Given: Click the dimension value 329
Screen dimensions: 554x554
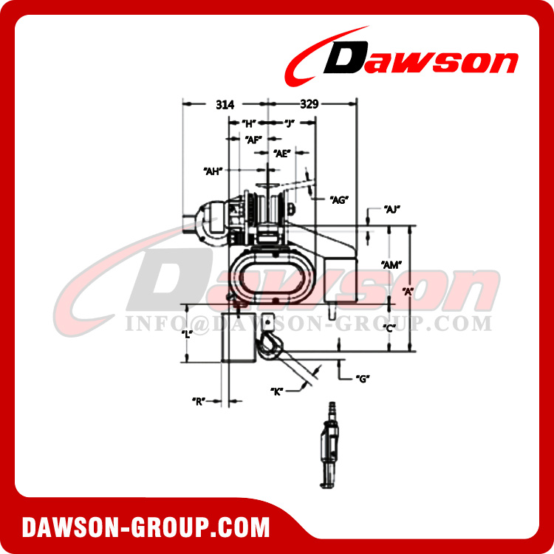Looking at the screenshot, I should [310, 105].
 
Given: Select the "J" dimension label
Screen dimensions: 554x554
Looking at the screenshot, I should [290, 123].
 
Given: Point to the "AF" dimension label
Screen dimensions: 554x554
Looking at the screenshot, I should [253, 138].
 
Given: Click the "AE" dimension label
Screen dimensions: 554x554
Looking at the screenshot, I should [281, 154].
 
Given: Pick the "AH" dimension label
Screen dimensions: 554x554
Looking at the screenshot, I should [213, 171].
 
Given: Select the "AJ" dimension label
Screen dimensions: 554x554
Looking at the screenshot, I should [392, 209].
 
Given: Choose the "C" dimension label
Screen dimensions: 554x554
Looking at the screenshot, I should [391, 327].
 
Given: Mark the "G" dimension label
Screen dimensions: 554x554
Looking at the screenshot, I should [362, 378].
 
